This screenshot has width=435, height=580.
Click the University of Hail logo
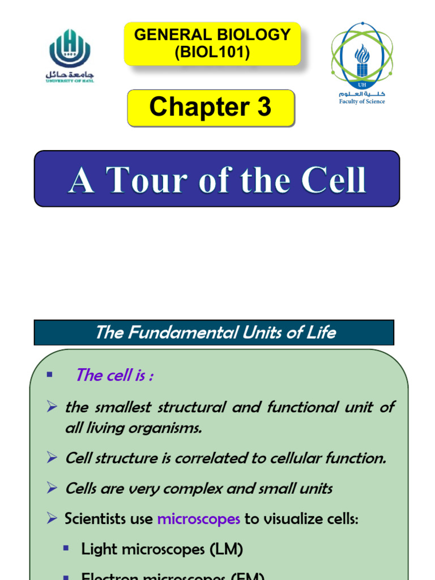point(70,56)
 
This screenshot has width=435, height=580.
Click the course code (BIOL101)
point(212,53)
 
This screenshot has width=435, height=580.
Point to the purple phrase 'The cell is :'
point(114,375)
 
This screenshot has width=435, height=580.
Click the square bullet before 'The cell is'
point(49,374)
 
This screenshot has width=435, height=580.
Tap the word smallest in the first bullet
point(117,407)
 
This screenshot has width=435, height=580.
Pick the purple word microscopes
point(198,518)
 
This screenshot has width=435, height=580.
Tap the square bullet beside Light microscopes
point(66,548)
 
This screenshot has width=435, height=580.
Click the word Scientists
point(92,518)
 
